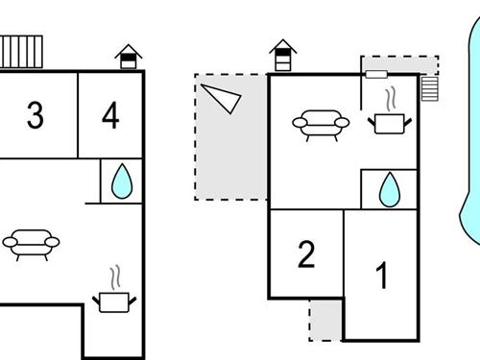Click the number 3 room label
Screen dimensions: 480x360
coord(35,116)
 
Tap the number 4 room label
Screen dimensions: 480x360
coord(110,116)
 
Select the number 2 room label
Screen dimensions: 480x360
coord(306,255)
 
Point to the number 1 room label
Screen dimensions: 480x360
coord(382,276)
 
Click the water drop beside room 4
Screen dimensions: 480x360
coord(121,181)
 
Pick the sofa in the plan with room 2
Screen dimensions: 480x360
coord(320,124)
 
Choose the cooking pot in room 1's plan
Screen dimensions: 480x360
coord(390,122)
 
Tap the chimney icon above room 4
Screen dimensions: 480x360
coord(128,57)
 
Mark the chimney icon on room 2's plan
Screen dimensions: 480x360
coord(282,56)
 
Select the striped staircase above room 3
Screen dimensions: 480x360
coord(21,51)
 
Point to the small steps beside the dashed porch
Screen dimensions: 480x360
coord(428,87)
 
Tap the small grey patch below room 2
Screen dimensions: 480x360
coord(325,319)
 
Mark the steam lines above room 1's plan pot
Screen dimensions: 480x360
coord(389,100)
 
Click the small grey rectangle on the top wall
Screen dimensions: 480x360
coord(375,73)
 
